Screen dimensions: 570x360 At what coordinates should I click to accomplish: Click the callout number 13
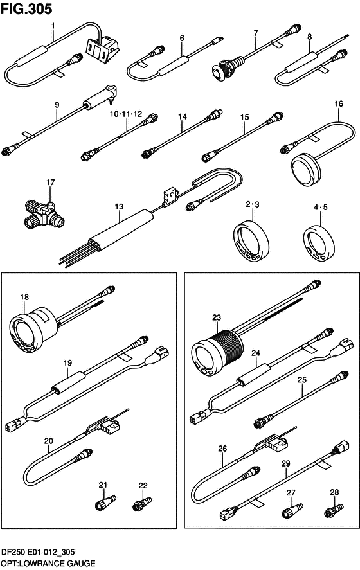118,207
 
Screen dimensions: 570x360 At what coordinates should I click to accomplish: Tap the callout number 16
338,104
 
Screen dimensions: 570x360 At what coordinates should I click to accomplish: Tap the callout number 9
57,105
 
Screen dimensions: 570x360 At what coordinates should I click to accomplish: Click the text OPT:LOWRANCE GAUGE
48,563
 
